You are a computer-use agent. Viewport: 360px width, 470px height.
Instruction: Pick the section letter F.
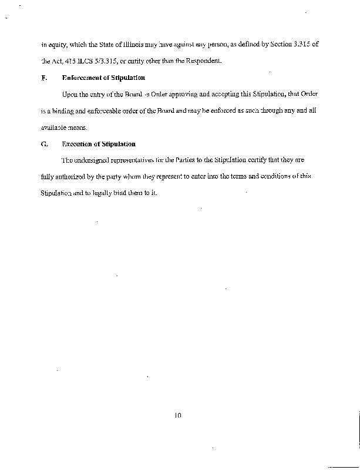[43, 78]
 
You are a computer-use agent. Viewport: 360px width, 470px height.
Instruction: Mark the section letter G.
[43, 143]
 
